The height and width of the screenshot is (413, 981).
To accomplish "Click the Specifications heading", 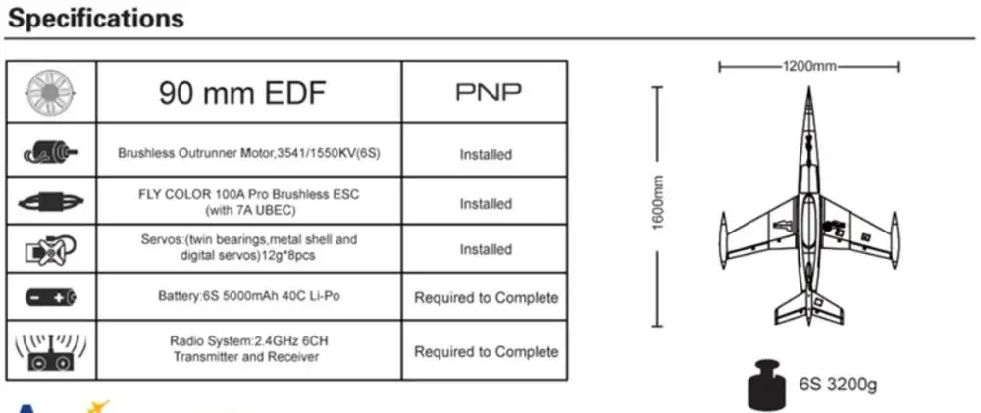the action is pyautogui.click(x=96, y=18).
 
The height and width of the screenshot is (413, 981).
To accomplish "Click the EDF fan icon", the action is pyautogui.click(x=51, y=92).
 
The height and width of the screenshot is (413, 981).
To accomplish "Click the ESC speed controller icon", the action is pyautogui.click(x=51, y=202).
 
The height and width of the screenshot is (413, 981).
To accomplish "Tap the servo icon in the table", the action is pyautogui.click(x=51, y=250).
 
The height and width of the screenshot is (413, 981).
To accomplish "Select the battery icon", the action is pyautogui.click(x=51, y=296).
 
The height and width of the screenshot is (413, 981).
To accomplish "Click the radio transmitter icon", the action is pyautogui.click(x=51, y=351).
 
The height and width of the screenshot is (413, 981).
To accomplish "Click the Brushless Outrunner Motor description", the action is pyautogui.click(x=248, y=153).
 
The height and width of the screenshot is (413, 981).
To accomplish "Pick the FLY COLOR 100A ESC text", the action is pyautogui.click(x=249, y=202).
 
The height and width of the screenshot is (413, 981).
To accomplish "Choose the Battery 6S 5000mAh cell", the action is pyautogui.click(x=249, y=296).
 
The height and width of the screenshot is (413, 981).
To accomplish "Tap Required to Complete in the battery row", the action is pyautogui.click(x=487, y=298).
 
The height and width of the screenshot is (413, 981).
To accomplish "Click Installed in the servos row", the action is pyautogui.click(x=486, y=250).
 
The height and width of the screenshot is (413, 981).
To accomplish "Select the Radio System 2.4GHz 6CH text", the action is pyautogui.click(x=248, y=349).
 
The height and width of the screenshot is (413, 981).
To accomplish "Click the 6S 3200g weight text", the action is pyautogui.click(x=838, y=385).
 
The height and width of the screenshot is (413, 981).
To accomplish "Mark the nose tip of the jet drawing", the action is pyautogui.click(x=808, y=88).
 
